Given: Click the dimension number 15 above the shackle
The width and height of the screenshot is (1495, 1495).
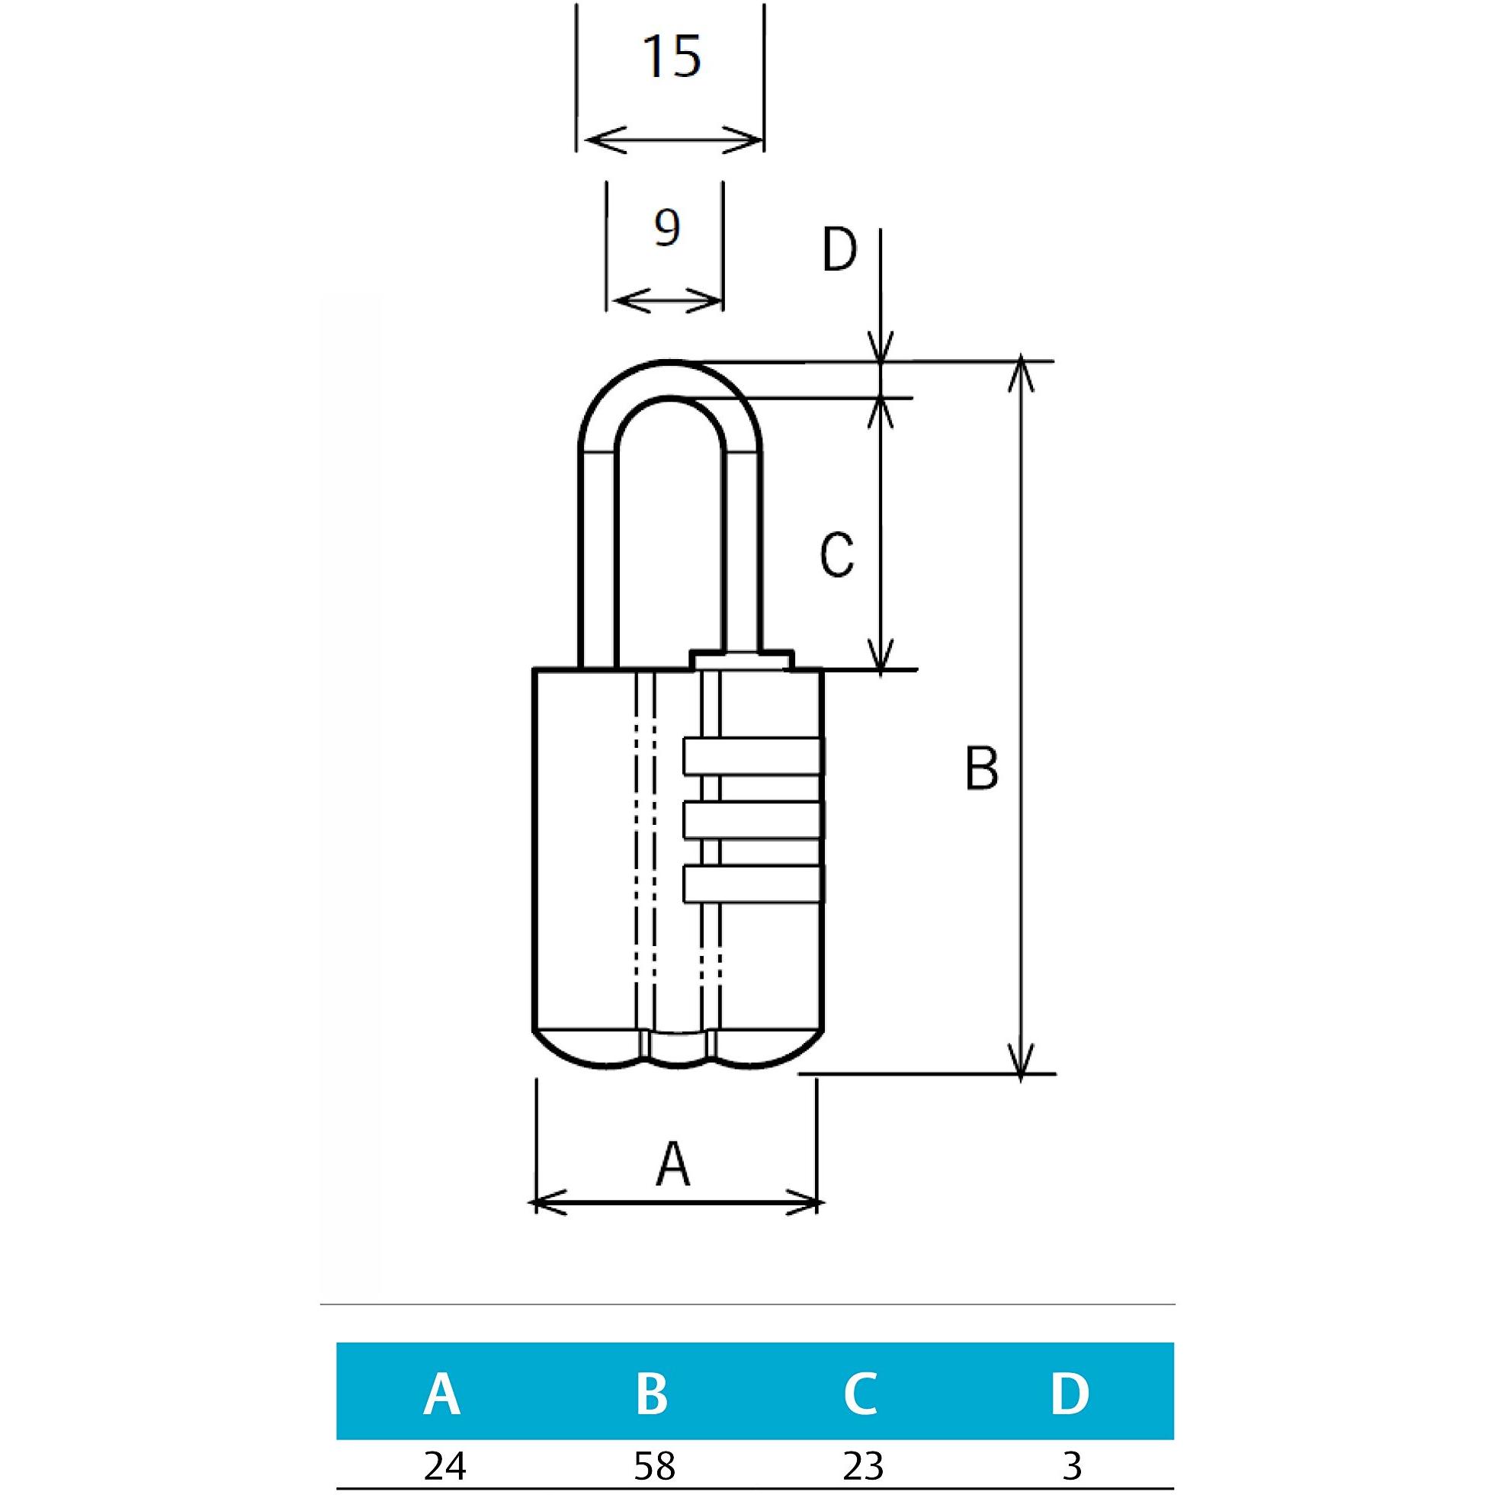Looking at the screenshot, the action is point(672,57).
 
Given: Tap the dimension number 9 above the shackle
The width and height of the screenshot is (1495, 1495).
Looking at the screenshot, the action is point(666,227).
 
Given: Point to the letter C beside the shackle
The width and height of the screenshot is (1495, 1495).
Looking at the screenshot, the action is point(836,554).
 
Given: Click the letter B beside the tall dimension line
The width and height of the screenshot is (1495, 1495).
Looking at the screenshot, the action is point(981,769).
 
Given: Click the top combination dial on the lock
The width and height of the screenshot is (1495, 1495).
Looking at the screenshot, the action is point(753,756).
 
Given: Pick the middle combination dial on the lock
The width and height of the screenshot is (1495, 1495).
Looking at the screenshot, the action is point(753,821).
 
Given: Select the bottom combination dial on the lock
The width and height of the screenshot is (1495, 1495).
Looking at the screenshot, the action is point(753,885).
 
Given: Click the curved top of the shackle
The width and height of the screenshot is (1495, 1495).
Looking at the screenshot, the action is point(671,379).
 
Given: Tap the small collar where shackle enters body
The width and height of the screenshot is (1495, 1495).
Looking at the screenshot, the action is point(742,659).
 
